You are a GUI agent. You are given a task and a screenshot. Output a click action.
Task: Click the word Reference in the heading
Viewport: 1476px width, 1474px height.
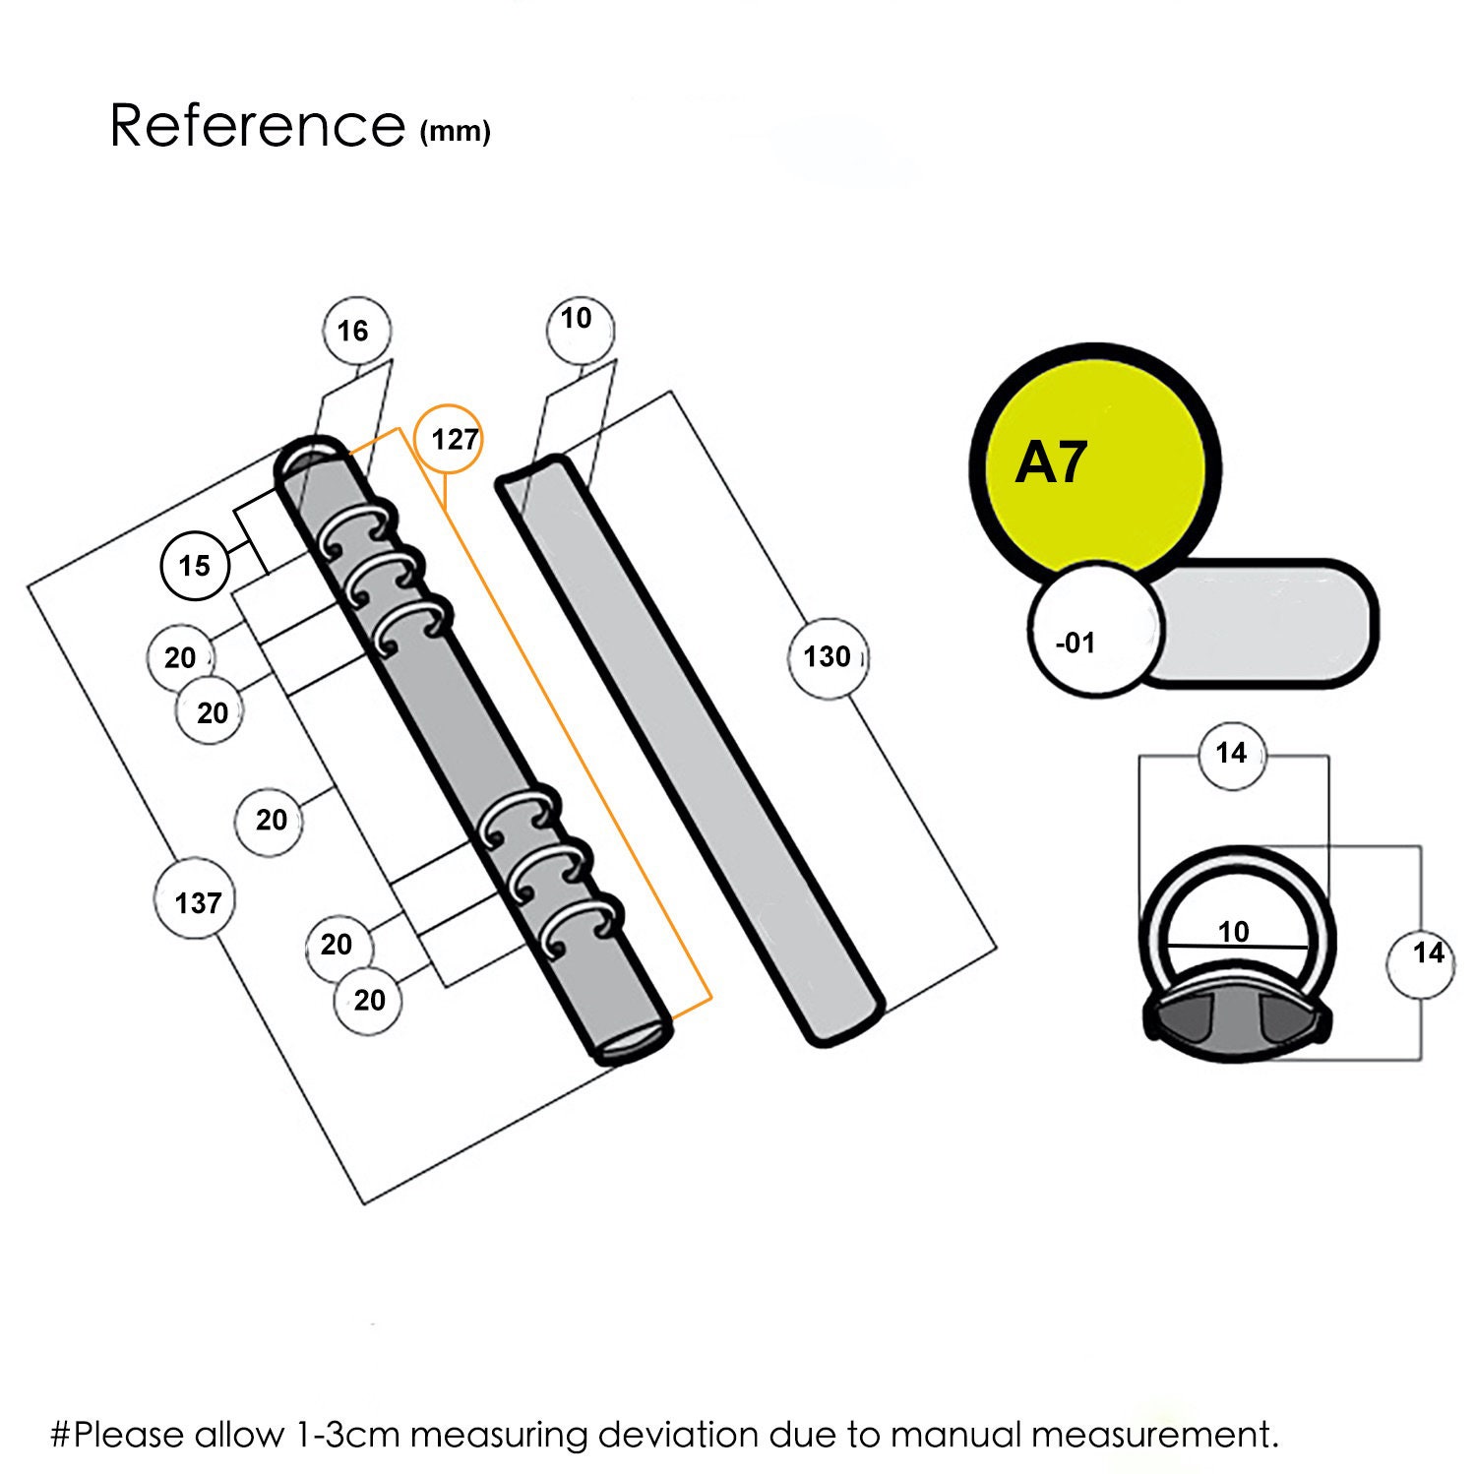[257, 125]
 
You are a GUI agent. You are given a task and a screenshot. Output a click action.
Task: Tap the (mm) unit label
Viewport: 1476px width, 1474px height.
[456, 131]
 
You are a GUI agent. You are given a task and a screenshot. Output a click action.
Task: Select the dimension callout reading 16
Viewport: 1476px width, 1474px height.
[353, 331]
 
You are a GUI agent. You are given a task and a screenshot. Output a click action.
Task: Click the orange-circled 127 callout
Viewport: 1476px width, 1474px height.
[454, 439]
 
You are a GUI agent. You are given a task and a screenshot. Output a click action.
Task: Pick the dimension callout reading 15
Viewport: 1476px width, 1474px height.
[195, 565]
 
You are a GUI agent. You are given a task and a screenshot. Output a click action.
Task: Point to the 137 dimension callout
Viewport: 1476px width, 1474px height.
[197, 902]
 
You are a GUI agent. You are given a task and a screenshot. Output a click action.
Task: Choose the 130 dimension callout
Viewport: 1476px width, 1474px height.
[827, 656]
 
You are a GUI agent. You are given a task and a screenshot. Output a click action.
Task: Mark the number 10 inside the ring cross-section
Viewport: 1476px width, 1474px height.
[1233, 931]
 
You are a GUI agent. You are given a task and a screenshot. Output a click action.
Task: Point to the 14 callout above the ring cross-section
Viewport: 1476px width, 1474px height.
[1231, 754]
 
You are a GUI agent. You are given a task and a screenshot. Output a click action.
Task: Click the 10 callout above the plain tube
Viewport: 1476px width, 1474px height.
[579, 320]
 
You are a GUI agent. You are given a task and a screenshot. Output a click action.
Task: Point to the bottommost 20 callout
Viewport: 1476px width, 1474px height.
[369, 1001]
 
